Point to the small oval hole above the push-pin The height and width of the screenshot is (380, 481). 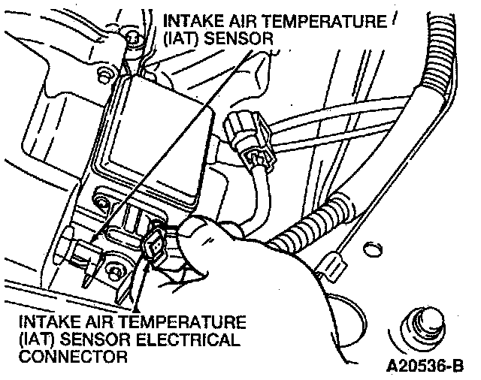point(370,246)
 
